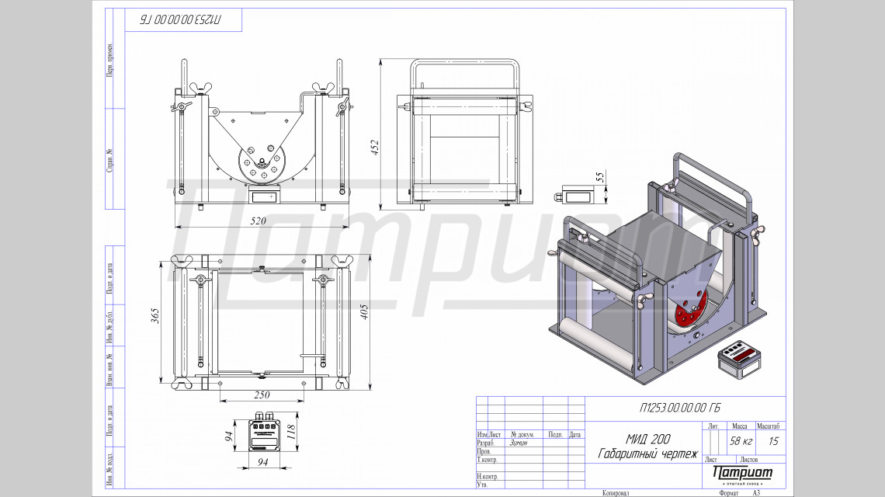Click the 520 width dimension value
258,221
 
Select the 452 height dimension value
375,148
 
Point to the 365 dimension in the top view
155,316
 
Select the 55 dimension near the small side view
599,176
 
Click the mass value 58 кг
741,441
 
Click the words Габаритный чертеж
648,453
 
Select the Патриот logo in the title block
742,473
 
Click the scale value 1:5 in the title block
773,441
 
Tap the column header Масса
740,426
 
